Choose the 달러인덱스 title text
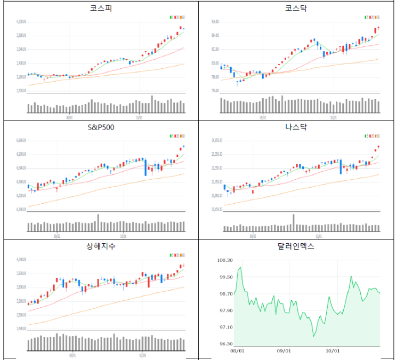pyautogui.click(x=296, y=246)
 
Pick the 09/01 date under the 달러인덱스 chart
pyautogui.click(x=284, y=351)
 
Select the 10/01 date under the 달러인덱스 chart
pyautogui.click(x=332, y=351)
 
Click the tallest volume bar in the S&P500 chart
pyautogui.click(x=98, y=223)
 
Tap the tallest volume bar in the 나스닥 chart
pyautogui.click(x=293, y=223)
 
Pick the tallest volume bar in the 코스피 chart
pyautogui.click(x=152, y=104)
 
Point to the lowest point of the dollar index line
pyautogui.click(x=314, y=336)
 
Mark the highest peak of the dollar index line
pyautogui.click(x=240, y=268)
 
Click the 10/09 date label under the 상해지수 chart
pyautogui.click(x=142, y=354)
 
